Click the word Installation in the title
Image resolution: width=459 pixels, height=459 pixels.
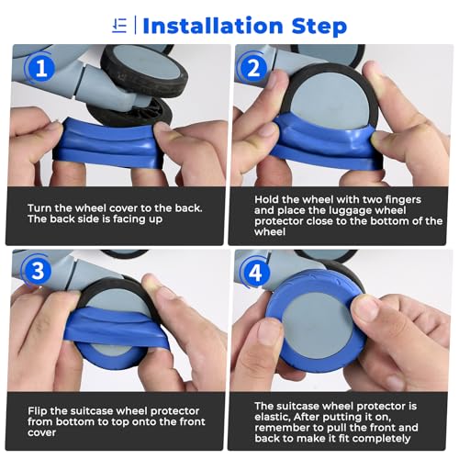(x=213, y=26)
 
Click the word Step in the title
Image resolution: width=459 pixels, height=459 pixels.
(x=319, y=27)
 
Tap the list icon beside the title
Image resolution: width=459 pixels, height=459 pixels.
(x=119, y=26)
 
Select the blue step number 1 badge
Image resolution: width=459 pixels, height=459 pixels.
(x=41, y=69)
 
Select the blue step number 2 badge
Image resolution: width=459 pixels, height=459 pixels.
(x=253, y=69)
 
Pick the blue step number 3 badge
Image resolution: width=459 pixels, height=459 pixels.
(x=39, y=271)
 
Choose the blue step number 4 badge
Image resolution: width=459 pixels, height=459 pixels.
(x=254, y=273)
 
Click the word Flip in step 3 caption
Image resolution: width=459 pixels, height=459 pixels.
(x=38, y=410)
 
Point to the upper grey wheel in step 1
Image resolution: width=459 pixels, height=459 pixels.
(x=144, y=71)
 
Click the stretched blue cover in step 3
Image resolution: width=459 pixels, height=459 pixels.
(x=117, y=328)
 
